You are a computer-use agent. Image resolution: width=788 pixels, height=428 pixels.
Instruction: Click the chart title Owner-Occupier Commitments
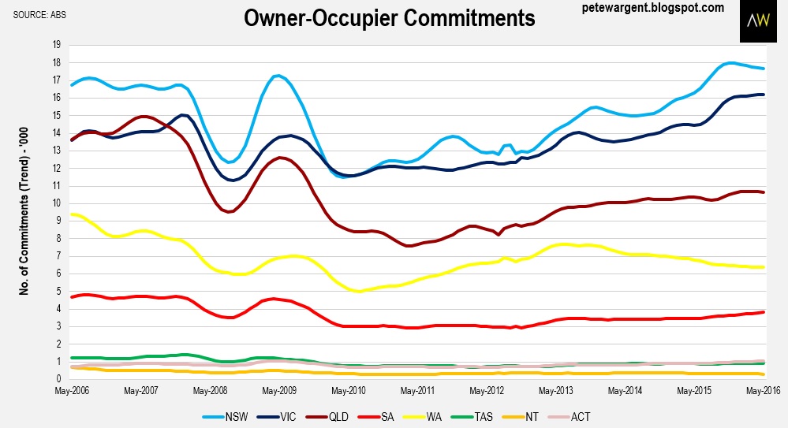(389, 18)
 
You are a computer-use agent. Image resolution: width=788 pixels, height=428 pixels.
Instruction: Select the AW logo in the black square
(760, 21)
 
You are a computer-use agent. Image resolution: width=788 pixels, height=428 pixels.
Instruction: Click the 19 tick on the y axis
(56, 45)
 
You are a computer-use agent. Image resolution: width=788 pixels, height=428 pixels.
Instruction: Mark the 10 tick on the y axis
(56, 203)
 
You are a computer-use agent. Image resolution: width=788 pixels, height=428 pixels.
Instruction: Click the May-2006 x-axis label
(70, 390)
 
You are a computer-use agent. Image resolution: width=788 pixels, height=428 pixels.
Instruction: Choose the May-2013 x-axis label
(555, 390)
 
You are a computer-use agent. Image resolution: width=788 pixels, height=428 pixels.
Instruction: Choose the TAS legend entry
(506, 415)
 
